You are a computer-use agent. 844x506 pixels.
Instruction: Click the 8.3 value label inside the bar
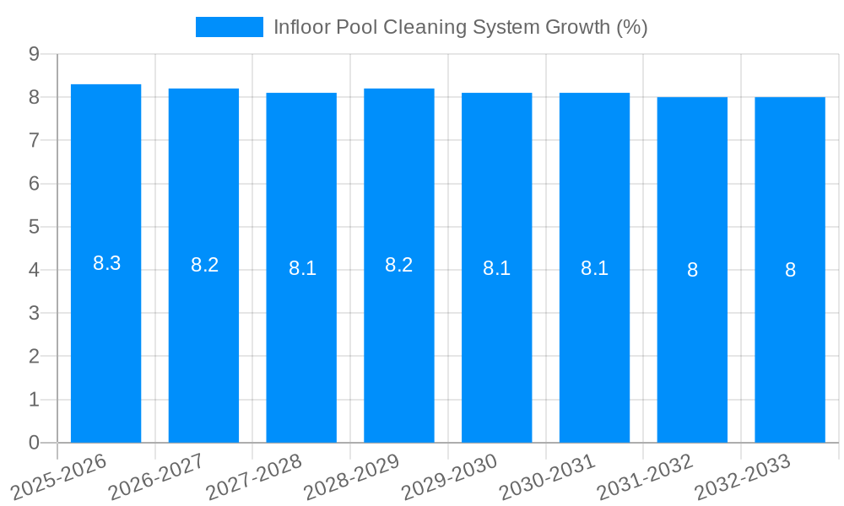tap(106, 263)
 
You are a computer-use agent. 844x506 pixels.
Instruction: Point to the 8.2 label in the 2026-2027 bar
tap(204, 265)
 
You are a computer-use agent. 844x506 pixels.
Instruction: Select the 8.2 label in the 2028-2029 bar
tap(399, 265)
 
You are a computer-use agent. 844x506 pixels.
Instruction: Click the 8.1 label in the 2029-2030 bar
tap(496, 268)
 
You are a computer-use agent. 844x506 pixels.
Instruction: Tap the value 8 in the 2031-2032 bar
tap(692, 270)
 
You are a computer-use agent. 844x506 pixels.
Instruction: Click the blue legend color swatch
tap(229, 27)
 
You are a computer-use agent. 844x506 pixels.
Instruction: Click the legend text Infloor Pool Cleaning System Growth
tap(460, 27)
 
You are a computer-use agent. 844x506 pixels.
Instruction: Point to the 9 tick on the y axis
tap(34, 54)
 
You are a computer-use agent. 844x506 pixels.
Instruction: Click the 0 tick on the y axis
tap(34, 443)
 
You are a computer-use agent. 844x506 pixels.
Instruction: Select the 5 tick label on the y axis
tap(34, 227)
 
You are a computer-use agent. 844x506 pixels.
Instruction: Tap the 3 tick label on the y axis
tap(34, 313)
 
